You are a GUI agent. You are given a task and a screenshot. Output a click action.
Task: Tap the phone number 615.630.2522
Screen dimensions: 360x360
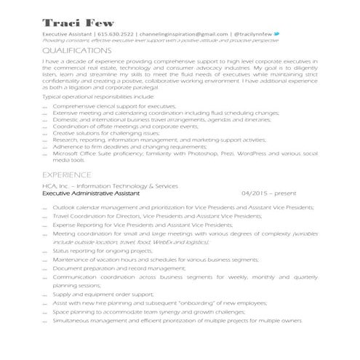(116, 34)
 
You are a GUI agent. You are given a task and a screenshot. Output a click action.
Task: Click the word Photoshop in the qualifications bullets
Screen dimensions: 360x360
(209, 154)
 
